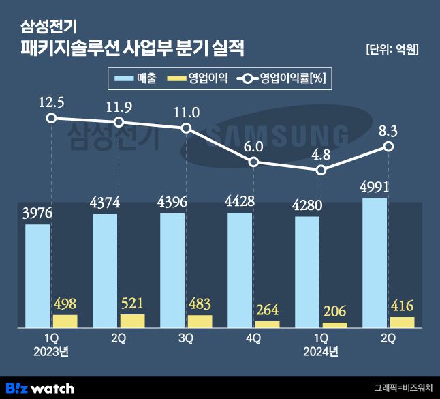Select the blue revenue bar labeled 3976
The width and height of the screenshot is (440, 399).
[x=37, y=276]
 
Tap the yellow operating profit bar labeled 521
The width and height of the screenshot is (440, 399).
[x=132, y=321]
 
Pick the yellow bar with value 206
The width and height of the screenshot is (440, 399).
[x=334, y=325]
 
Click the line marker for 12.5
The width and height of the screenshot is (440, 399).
[x=51, y=118]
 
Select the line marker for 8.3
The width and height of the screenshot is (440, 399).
[x=388, y=147]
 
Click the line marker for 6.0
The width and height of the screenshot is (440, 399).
[x=253, y=162]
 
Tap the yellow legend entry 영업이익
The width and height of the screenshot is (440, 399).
[x=198, y=79]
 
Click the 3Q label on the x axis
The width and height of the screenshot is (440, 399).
[x=186, y=338]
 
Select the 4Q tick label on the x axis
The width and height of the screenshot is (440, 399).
[x=253, y=338]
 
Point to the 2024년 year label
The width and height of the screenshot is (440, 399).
[x=321, y=352]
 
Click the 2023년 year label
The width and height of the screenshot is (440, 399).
[x=51, y=352]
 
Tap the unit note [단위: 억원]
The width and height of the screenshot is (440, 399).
[x=392, y=49]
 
